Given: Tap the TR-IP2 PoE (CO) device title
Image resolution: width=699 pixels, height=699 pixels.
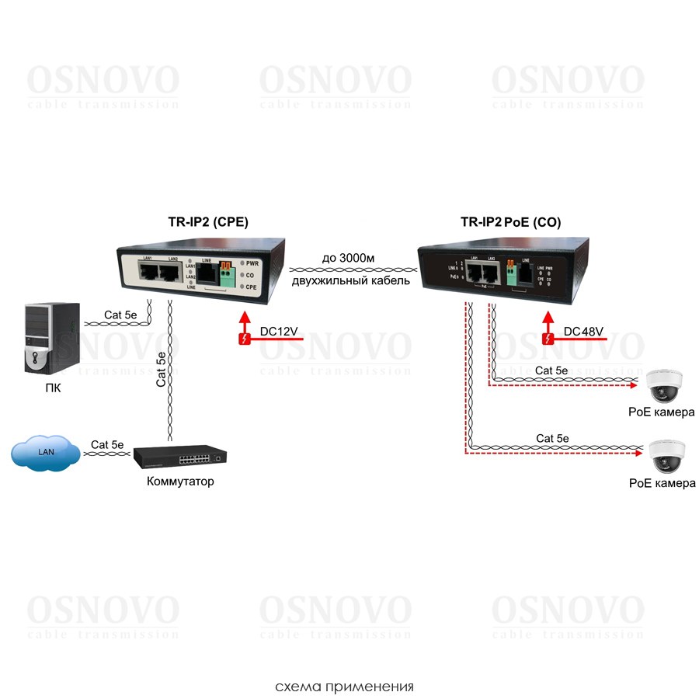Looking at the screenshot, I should (x=510, y=222).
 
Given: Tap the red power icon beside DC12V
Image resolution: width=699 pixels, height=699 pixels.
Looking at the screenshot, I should (x=245, y=339).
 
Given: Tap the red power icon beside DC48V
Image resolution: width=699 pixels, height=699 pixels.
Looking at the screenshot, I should (x=548, y=339).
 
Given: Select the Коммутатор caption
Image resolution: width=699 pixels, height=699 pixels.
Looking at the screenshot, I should (x=180, y=482).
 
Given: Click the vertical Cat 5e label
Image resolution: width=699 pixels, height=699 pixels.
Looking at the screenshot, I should (x=161, y=369).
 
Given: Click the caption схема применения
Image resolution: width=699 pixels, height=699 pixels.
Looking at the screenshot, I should (x=344, y=687).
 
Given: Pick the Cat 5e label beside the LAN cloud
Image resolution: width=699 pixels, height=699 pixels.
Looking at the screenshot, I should (x=107, y=444).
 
